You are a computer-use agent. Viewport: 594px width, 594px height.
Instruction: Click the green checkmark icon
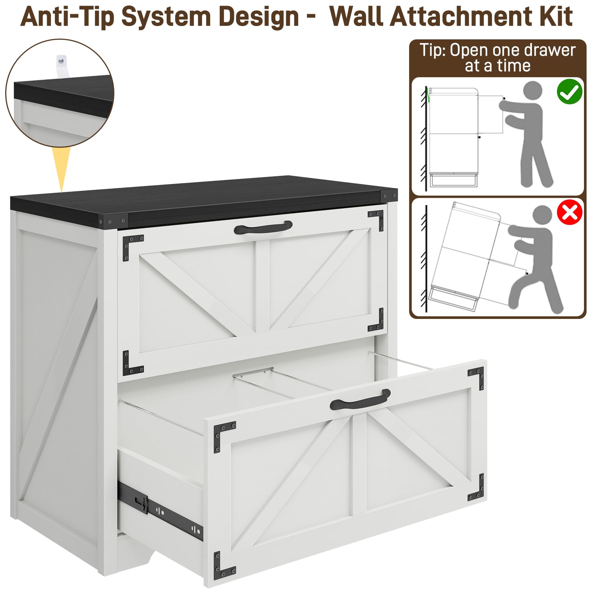coord(569,91)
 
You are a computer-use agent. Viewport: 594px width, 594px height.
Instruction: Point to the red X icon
coord(569,212)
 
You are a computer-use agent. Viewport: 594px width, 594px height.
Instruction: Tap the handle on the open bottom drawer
coord(360,399)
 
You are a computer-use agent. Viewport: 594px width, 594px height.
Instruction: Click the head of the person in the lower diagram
coord(542,216)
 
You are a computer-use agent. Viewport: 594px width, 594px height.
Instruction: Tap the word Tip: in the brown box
coord(433,50)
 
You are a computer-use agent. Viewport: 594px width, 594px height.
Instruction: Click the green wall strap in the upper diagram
coord(428,95)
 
